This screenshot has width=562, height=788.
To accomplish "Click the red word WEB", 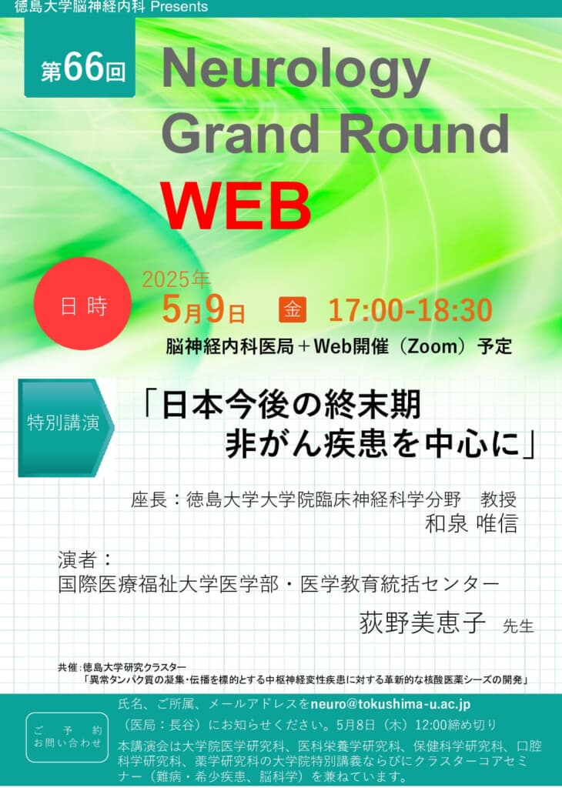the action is point(236,206).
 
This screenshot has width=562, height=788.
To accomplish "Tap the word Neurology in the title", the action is point(296,71).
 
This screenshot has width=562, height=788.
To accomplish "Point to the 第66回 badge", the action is point(80,58).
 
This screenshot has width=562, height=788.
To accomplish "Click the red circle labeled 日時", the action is point(83,304).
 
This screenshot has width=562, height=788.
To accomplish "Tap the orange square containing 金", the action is point(293,309).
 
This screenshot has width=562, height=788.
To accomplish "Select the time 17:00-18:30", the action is point(410,309).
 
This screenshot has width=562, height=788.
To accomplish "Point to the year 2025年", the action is point(176,280).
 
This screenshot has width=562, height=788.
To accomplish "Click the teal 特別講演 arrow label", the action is point(66,427).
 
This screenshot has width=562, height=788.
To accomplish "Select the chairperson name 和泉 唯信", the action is point(471,523).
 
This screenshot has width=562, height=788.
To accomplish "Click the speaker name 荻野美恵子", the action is point(423,623).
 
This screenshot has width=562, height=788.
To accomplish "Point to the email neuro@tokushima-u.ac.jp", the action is point(390,704).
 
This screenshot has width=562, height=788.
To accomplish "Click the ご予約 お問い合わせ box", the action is point(67,736).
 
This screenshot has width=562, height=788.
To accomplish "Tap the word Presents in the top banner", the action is point(179,7).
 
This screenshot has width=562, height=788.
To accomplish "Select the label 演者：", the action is point(85,559).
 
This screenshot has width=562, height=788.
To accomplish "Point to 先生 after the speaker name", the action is point(518,626).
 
